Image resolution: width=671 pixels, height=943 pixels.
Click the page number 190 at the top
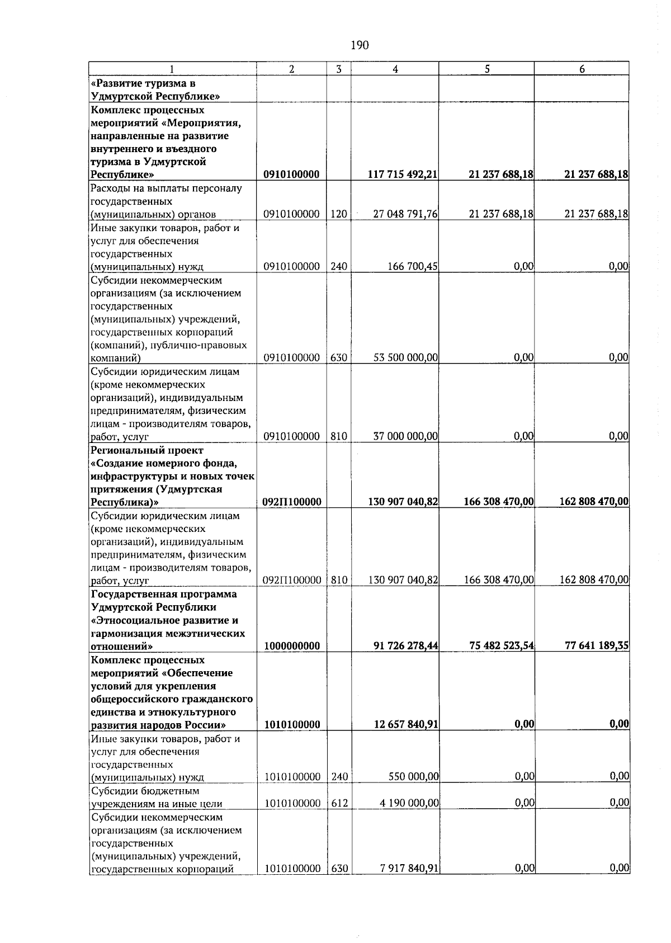coord(360,45)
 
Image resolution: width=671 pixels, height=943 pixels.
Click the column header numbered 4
coord(395,69)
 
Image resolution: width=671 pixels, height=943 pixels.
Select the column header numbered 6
coord(582,69)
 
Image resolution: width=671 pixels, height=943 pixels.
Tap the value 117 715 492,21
coord(402,175)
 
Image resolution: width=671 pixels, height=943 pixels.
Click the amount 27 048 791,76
coord(405,214)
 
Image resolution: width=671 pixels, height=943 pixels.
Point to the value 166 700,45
coord(413,267)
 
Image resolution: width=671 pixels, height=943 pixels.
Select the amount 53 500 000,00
coord(405,357)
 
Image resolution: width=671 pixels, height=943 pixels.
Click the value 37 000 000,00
coord(405,436)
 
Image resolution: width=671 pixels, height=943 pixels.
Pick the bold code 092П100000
coord(291,502)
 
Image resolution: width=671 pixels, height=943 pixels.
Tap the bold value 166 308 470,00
coord(498,502)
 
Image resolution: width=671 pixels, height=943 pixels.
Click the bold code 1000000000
coord(291,646)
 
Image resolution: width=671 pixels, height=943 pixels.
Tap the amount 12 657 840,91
coord(405,725)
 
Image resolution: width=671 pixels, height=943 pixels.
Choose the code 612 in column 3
coord(339,804)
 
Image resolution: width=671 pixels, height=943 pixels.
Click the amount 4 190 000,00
coord(409,804)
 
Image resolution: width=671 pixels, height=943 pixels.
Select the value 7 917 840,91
coord(409,884)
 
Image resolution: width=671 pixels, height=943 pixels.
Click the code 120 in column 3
coord(339,214)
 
